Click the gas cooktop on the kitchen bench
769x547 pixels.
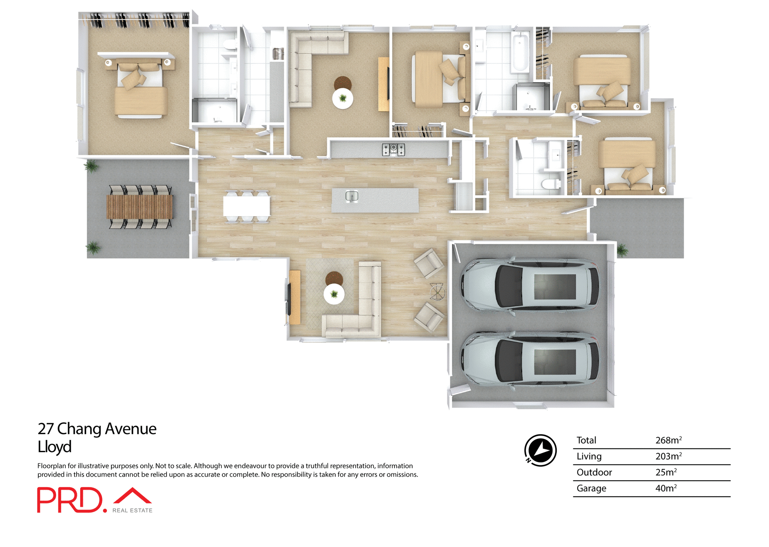coord(393,149)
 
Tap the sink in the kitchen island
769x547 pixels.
coord(352,196)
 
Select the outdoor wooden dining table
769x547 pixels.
coord(139,207)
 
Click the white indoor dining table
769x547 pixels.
coord(247,207)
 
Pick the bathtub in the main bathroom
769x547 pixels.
coord(520,53)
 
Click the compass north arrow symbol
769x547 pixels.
coord(540,450)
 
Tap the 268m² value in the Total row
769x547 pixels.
coord(668,440)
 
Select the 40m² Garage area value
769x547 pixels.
coord(666,488)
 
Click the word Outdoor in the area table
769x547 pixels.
coord(594,472)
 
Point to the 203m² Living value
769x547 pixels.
coord(668,456)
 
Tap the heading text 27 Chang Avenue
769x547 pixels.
coord(97,428)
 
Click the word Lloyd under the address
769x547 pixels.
coord(54,446)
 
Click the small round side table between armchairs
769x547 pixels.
coord(437,291)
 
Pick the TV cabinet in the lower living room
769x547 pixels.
coord(295,297)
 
